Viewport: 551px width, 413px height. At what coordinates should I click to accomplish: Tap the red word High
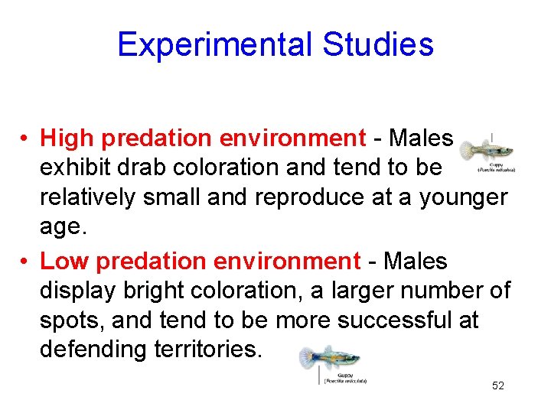coord(67,138)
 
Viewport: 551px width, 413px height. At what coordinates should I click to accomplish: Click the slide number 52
coord(498,386)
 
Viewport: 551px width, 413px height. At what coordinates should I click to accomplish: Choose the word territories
coord(206,350)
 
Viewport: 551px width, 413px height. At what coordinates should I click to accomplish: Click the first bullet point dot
coord(25,139)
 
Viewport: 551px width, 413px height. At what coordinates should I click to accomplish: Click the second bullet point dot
coord(25,262)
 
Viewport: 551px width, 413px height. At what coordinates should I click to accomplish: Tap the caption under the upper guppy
coord(496,167)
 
